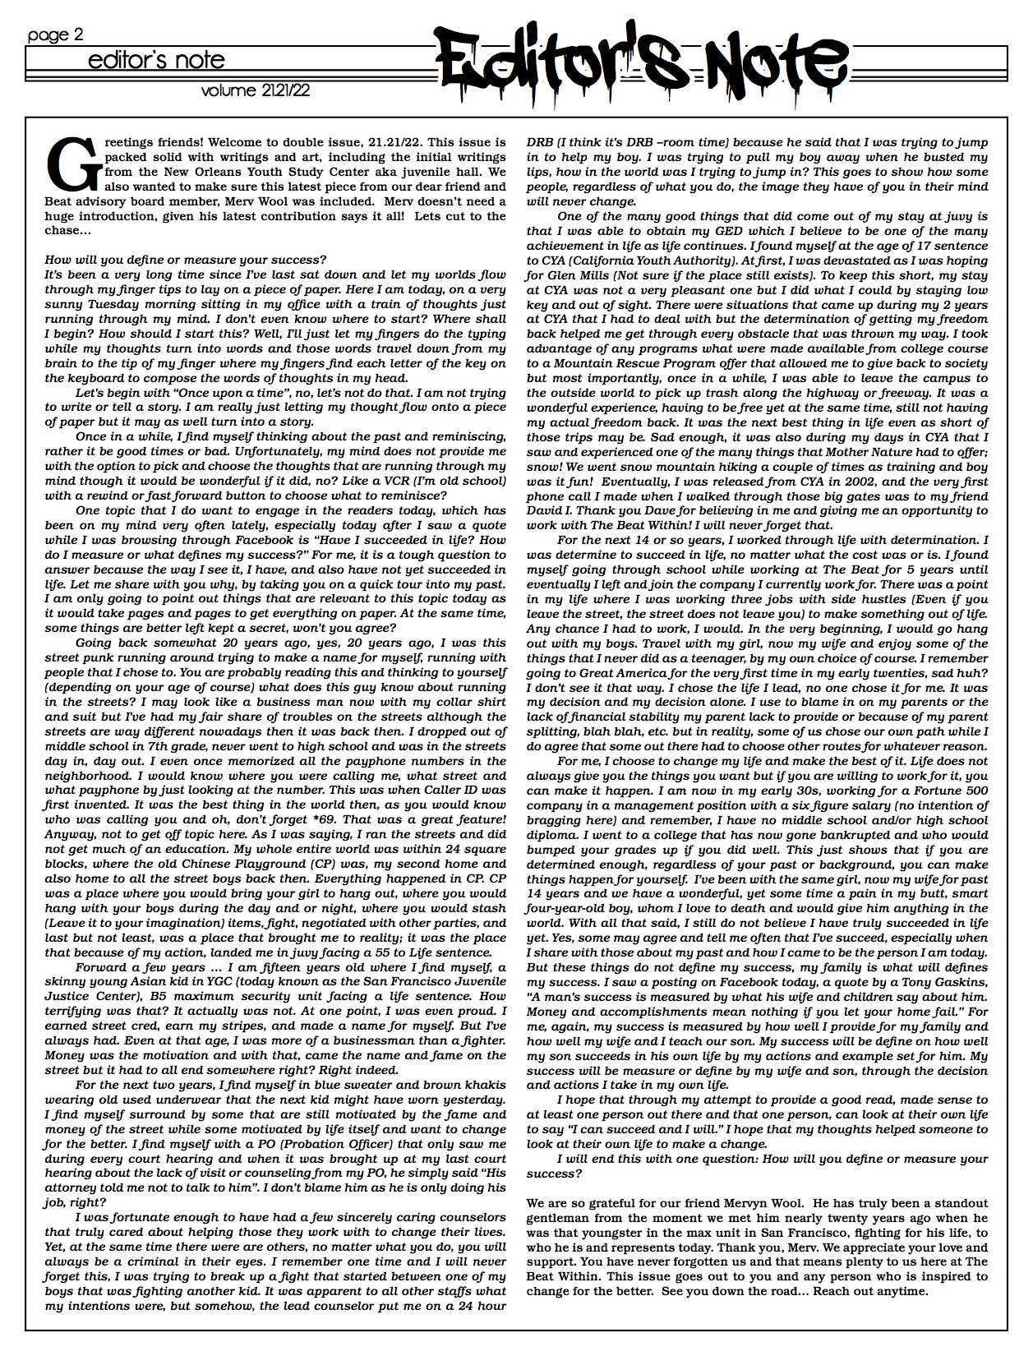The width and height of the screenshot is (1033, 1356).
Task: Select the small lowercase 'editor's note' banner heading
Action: pyautogui.click(x=157, y=60)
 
